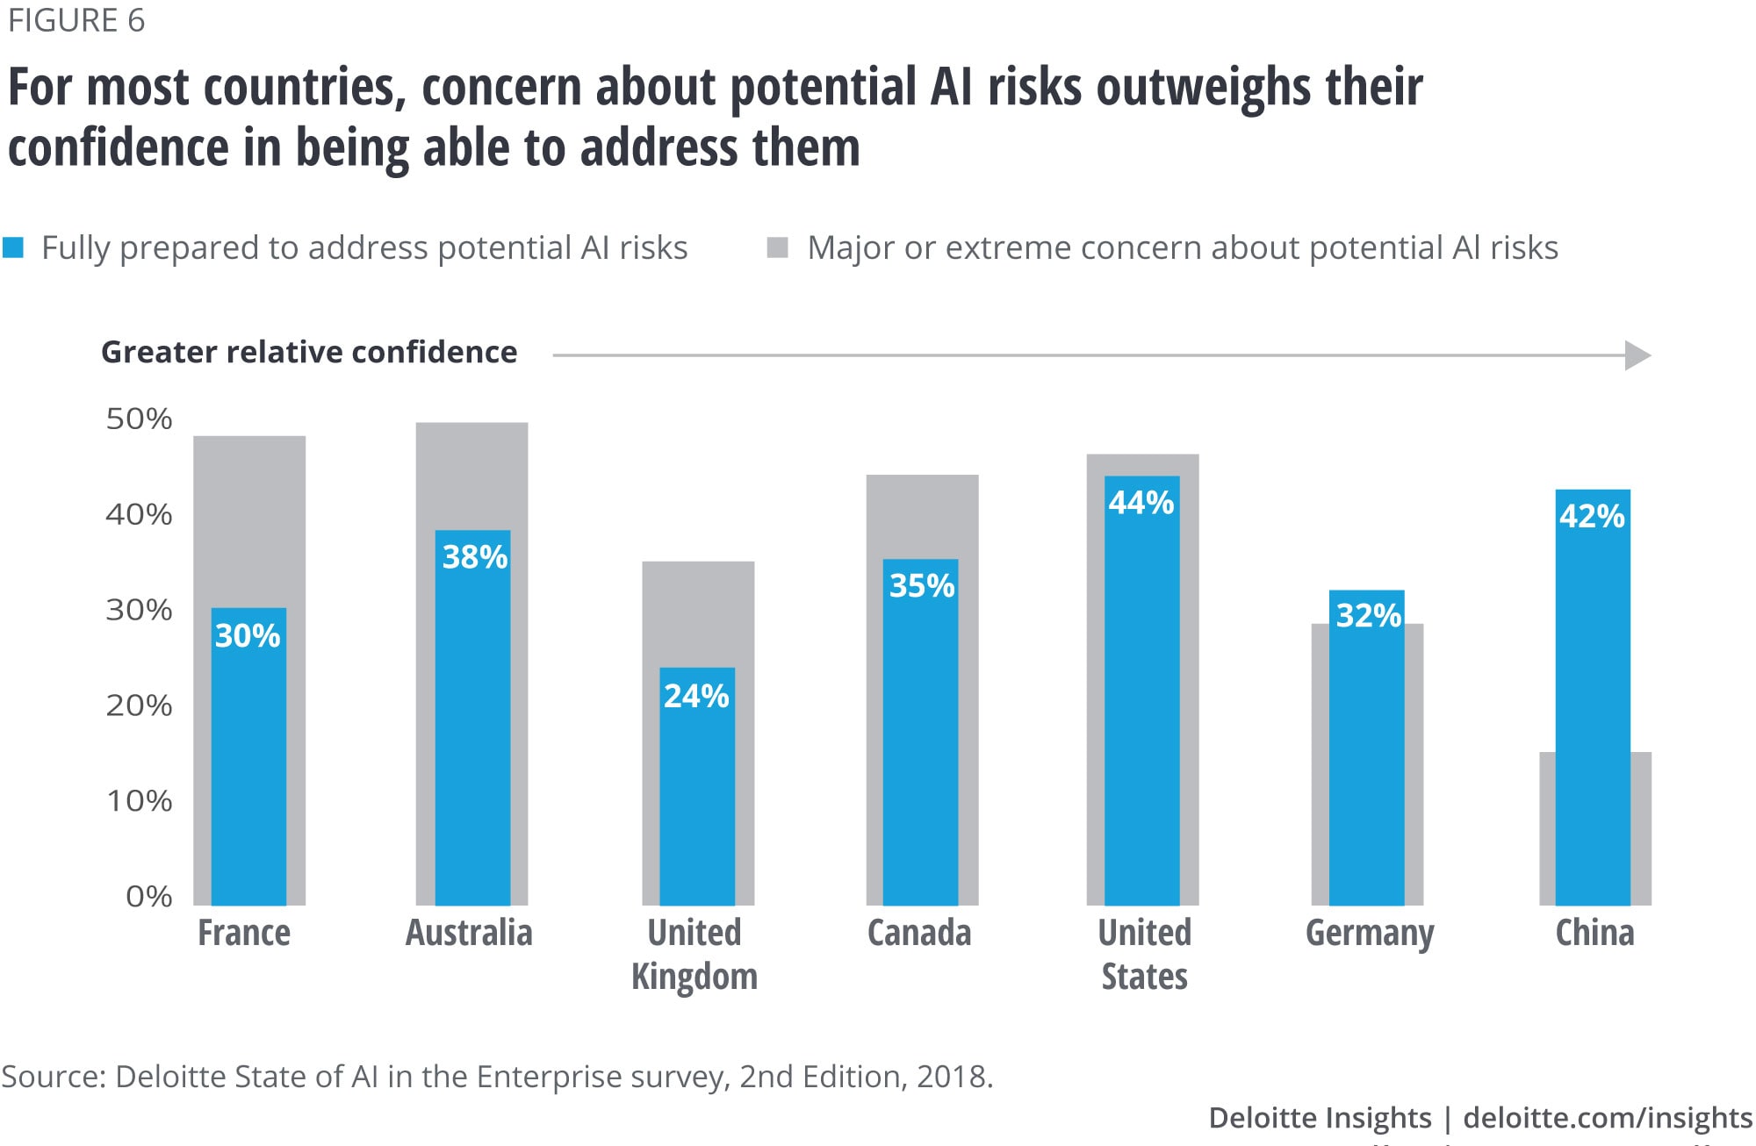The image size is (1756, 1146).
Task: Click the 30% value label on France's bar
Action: click(x=248, y=635)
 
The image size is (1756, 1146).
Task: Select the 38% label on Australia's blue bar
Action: click(x=474, y=556)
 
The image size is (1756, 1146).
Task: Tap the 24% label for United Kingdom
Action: click(x=696, y=696)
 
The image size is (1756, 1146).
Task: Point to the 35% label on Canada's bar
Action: click(x=922, y=585)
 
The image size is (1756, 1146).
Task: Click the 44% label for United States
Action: click(x=1141, y=503)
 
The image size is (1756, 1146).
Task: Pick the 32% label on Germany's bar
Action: click(x=1368, y=615)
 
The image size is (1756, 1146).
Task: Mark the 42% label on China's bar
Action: click(x=1592, y=516)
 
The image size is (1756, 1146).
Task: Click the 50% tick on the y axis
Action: click(x=139, y=419)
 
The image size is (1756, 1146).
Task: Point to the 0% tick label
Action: click(x=148, y=896)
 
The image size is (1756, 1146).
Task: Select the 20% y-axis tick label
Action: click(x=139, y=706)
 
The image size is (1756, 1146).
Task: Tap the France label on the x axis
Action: click(x=244, y=933)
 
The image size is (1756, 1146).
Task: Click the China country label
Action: click(x=1594, y=933)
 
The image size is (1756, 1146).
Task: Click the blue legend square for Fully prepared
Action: click(x=13, y=247)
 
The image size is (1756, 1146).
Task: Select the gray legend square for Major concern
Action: click(x=777, y=247)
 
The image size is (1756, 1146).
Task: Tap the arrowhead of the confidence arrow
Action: click(x=1637, y=355)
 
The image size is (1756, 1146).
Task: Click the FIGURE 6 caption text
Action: click(x=76, y=21)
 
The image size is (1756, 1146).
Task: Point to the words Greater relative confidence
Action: click(x=309, y=352)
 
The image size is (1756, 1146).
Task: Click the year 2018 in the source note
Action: click(x=952, y=1077)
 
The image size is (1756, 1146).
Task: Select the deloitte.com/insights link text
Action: click(x=1608, y=1118)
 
